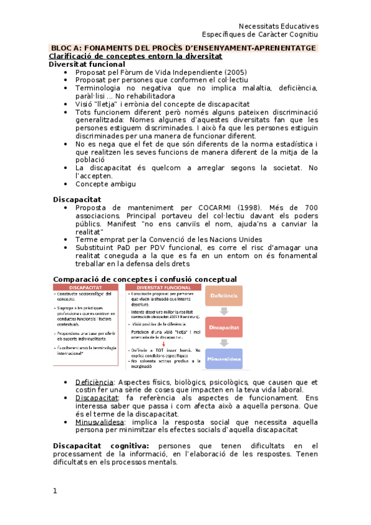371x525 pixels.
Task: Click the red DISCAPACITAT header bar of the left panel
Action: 86,287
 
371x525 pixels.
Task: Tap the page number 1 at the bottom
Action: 55,491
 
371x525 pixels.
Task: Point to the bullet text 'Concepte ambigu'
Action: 105,184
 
